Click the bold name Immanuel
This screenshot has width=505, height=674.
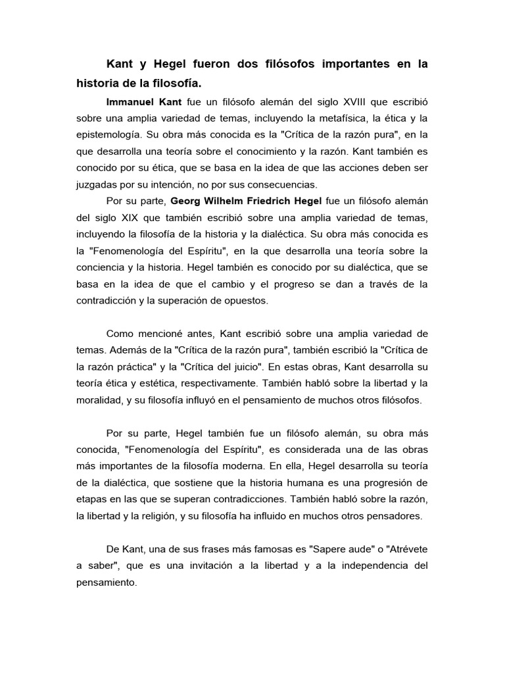[x=129, y=103]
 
